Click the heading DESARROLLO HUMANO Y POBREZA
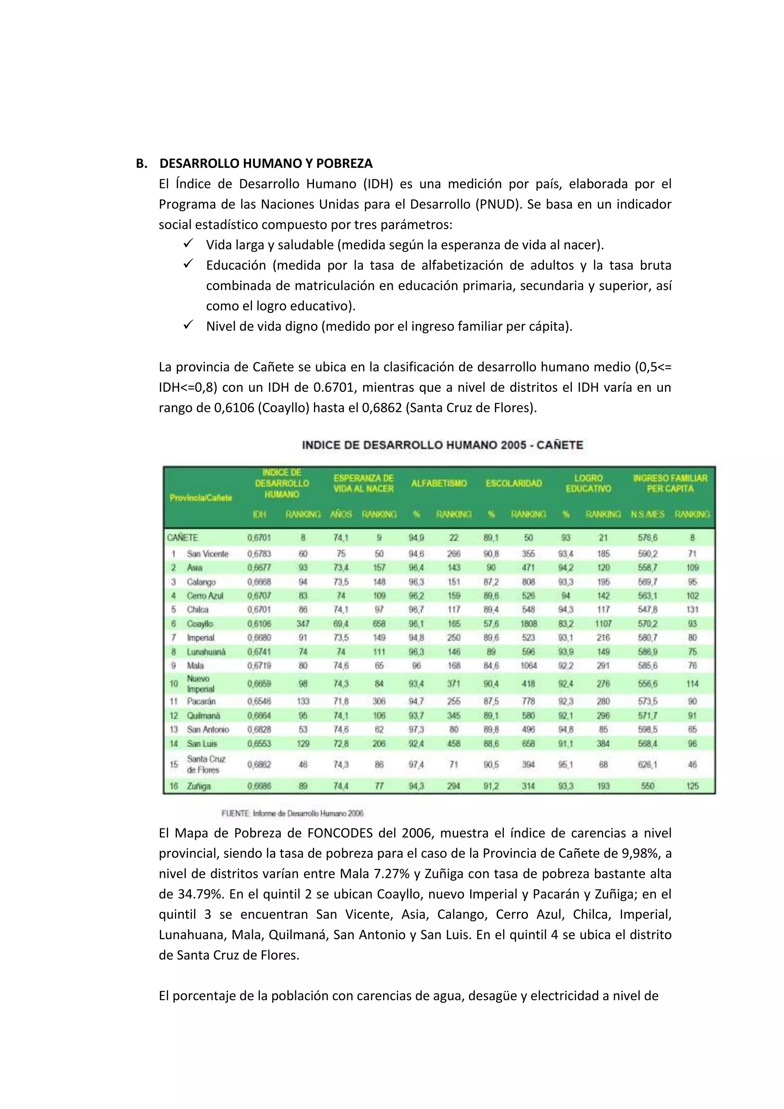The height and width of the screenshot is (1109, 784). pos(266,164)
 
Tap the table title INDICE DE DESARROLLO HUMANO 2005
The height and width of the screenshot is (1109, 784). pos(442,445)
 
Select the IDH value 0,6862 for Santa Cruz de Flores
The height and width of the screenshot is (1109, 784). pos(259,764)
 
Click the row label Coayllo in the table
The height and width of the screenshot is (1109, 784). pos(200,623)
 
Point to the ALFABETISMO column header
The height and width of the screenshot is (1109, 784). pos(439,484)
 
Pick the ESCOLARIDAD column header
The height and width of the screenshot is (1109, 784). pos(514,484)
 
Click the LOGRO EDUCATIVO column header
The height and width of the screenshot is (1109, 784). pos(588,484)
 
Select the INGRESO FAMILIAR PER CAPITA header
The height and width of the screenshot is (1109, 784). pos(670,484)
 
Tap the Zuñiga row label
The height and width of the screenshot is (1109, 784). pos(199,786)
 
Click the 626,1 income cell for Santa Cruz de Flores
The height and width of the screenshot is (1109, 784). pos(647,764)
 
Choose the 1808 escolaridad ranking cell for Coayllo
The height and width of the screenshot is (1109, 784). pos(529,623)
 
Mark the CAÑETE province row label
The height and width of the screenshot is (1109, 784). pos(183,538)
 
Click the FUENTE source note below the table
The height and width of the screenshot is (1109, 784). pos(292,813)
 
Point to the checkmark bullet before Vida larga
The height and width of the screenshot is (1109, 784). pos(188,244)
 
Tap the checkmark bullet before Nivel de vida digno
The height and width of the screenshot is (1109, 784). pos(188,325)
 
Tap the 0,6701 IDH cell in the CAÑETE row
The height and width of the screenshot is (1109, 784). pos(259,538)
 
